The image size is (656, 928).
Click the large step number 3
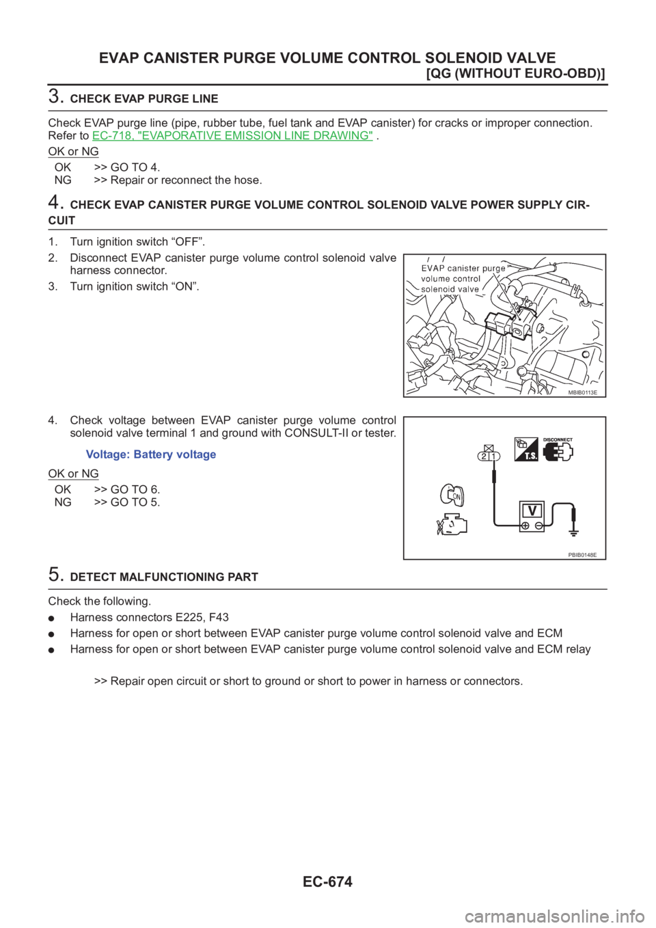tap(55, 96)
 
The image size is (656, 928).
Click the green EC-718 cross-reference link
tap(232, 136)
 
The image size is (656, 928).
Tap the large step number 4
tap(55, 202)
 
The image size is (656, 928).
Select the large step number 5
tap(55, 575)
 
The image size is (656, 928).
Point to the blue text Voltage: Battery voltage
tap(151, 455)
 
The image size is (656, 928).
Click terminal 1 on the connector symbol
tap(494, 456)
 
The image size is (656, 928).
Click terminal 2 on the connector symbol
tap(484, 456)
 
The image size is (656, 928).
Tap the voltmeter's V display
tap(532, 510)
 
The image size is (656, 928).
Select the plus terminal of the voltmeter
tap(525, 526)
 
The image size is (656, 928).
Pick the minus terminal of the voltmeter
tap(538, 526)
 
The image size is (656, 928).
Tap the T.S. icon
tap(526, 449)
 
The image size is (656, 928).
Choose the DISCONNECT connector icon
tap(558, 450)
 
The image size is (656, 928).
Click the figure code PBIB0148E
tap(582, 555)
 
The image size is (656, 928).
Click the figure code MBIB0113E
tap(582, 392)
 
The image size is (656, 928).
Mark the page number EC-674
tap(328, 882)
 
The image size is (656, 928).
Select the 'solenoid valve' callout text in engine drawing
tap(450, 289)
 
